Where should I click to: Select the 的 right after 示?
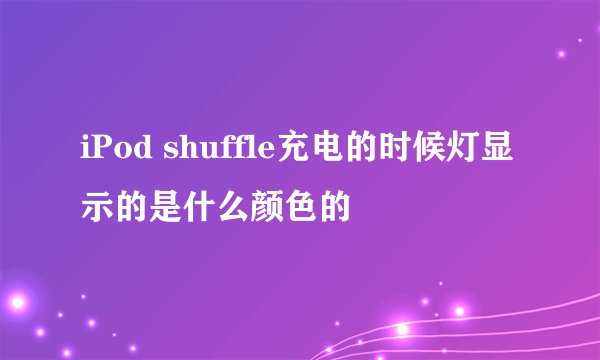point(128,205)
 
